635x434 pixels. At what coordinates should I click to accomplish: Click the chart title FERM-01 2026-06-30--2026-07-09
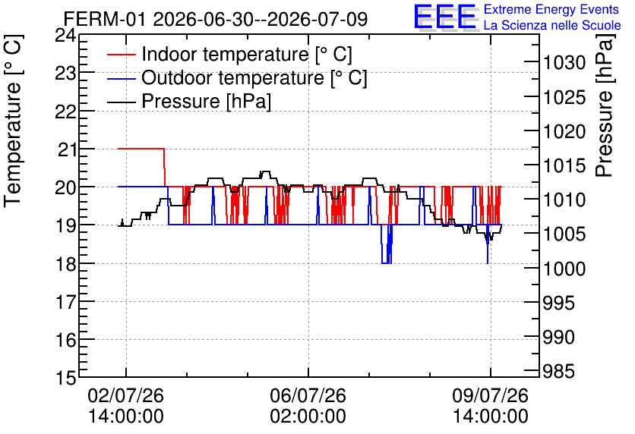(x=216, y=19)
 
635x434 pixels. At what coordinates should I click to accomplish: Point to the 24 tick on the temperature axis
(x=65, y=36)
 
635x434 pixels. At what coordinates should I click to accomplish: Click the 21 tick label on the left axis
(x=66, y=149)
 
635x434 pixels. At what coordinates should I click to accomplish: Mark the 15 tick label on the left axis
(x=65, y=378)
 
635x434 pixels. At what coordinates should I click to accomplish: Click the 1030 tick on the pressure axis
(x=564, y=63)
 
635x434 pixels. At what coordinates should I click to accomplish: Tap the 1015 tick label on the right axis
(x=564, y=165)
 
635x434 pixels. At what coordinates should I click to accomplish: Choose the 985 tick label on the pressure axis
(x=558, y=371)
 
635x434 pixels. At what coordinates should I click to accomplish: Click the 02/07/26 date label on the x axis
(x=126, y=395)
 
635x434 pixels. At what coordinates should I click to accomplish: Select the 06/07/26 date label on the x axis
(x=308, y=395)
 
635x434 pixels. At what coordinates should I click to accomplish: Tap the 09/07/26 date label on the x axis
(x=491, y=395)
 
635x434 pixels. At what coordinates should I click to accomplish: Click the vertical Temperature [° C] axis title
(x=13, y=121)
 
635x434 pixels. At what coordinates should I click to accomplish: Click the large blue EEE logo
(x=445, y=17)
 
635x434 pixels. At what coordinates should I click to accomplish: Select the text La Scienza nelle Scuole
(x=552, y=25)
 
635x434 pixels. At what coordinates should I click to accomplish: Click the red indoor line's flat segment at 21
(x=141, y=149)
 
